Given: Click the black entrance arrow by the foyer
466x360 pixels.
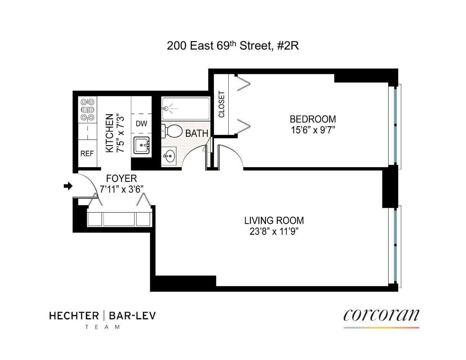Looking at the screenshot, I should click(68, 186).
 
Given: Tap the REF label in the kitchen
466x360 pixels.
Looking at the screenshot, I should click(87, 154).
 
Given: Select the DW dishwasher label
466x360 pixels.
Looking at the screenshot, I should click(141, 123).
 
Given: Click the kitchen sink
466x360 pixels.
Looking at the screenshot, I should click(142, 145).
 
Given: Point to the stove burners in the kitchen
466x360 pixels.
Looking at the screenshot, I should click(88, 109).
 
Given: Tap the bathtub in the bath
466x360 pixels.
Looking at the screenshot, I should click(185, 108).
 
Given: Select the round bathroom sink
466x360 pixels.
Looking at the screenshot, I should click(169, 156).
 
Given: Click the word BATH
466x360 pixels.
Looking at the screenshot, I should click(197, 134).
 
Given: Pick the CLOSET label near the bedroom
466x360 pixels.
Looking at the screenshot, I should click(221, 104).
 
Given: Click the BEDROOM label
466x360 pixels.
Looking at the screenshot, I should click(313, 119).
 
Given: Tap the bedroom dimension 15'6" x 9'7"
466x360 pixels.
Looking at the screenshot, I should click(313, 130).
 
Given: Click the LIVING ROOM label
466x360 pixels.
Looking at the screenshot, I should click(274, 220).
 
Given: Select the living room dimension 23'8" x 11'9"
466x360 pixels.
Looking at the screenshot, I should click(274, 231).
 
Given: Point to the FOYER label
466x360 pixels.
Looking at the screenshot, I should click(121, 179).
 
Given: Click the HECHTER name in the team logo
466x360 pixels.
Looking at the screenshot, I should click(74, 316).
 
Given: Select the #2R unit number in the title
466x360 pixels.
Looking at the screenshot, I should click(288, 46).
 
